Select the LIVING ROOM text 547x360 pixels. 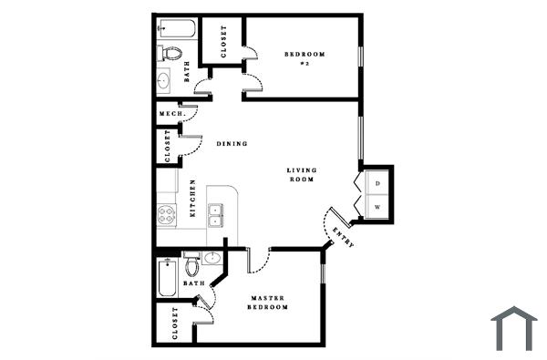click(301, 175)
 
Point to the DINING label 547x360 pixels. click(232, 144)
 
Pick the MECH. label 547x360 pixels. click(171, 114)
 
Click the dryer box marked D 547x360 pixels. click(377, 183)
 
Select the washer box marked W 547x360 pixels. click(377, 207)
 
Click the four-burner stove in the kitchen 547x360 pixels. click(167, 216)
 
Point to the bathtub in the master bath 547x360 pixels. click(168, 278)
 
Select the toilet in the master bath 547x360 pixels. click(192, 266)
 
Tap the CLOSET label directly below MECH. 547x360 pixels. click(167, 147)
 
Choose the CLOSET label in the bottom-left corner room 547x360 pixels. click(175, 324)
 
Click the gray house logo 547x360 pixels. click(514, 328)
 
